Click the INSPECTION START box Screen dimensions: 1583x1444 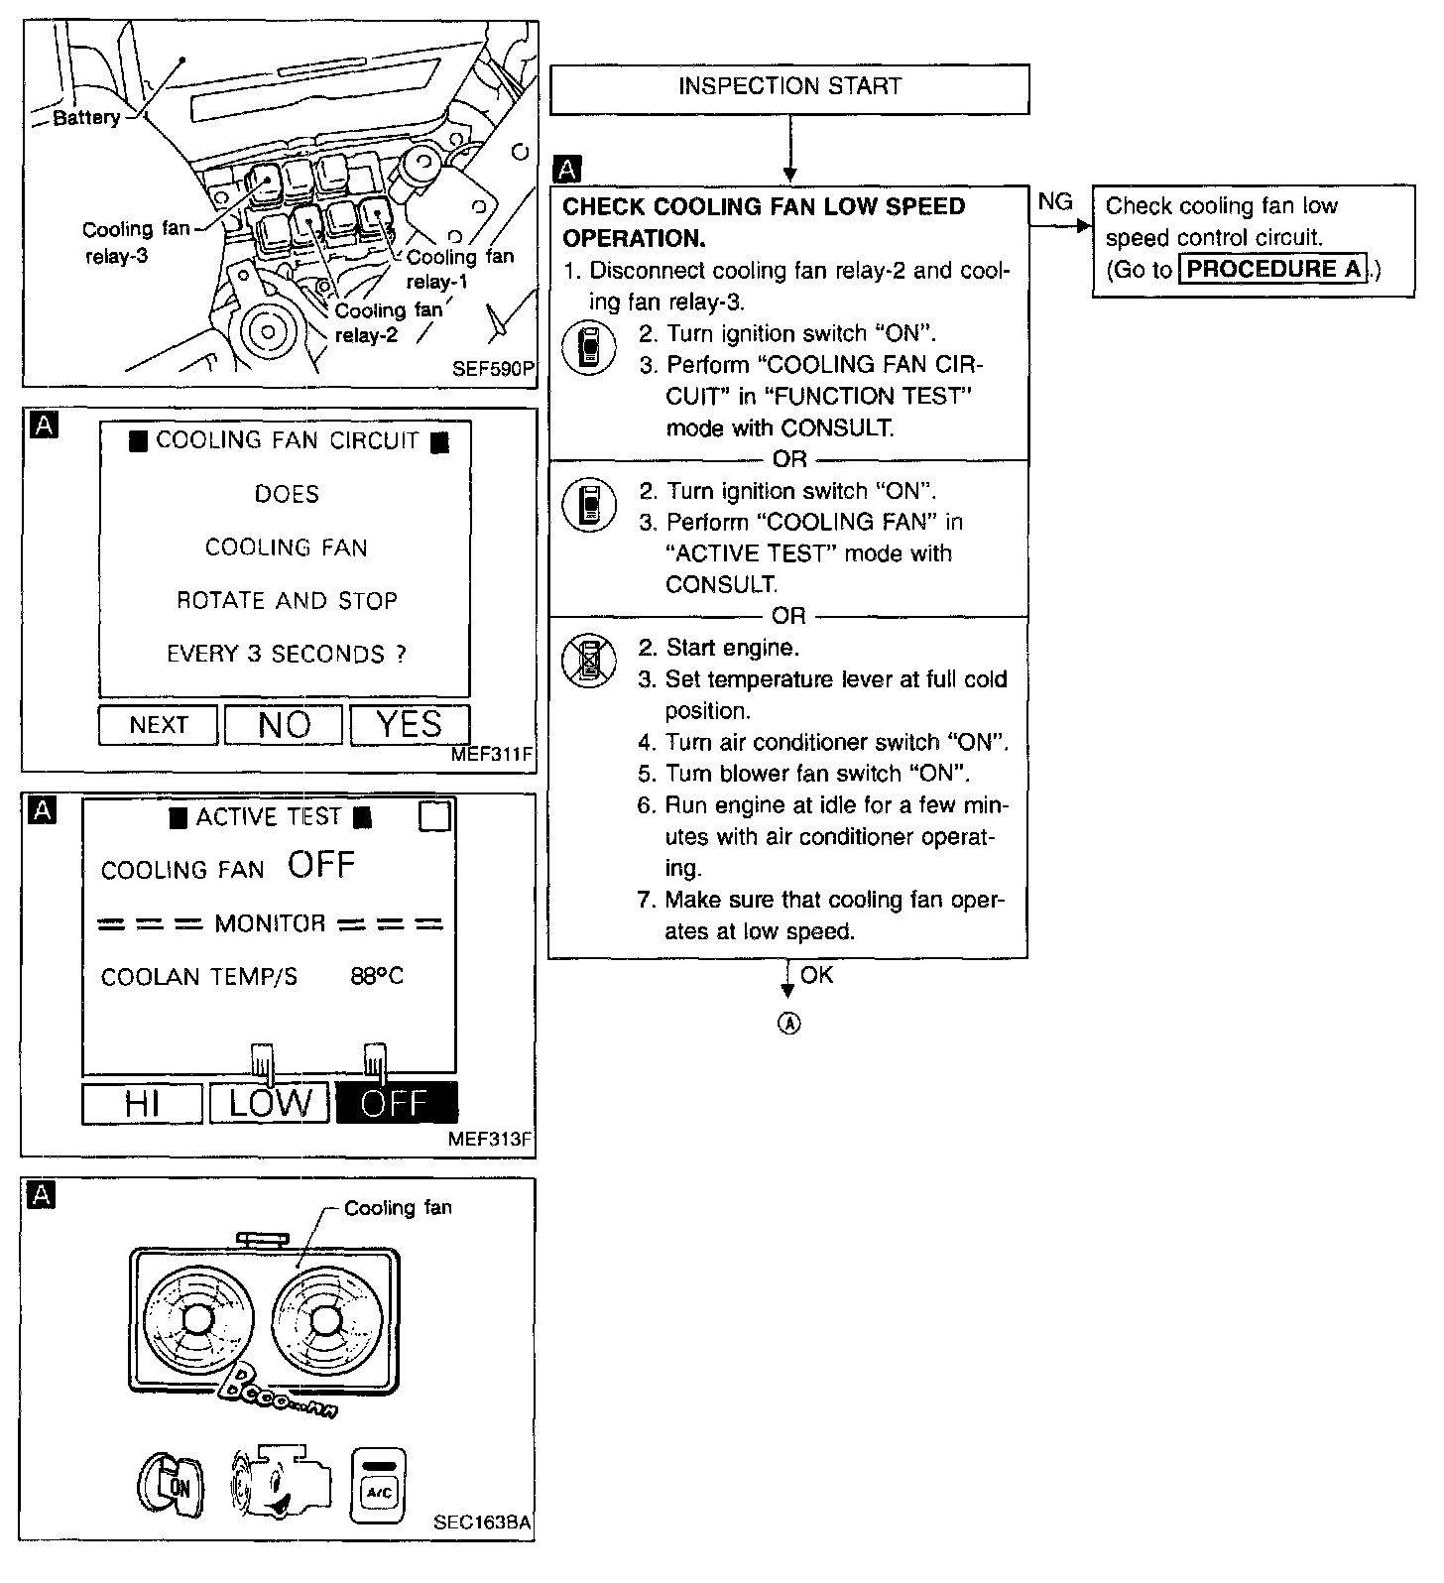789,88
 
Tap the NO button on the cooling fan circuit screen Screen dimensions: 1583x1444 284,725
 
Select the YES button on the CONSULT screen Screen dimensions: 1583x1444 410,725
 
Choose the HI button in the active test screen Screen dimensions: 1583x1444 142,1103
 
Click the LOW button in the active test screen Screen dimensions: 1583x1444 270,1103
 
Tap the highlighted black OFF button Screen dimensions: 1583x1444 397,1103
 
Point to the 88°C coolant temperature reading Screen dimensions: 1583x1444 377,976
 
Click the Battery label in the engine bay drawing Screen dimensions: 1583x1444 86,118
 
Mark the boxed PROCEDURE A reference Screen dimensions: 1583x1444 1273,269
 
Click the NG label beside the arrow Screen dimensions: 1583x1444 1055,202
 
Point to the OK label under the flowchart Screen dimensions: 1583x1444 817,975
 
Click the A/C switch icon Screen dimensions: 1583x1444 379,1485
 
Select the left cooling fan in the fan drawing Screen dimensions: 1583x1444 196,1319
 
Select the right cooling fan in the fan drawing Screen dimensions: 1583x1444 323,1319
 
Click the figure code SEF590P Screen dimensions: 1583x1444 493,369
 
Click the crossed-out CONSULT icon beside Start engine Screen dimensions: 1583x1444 589,661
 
